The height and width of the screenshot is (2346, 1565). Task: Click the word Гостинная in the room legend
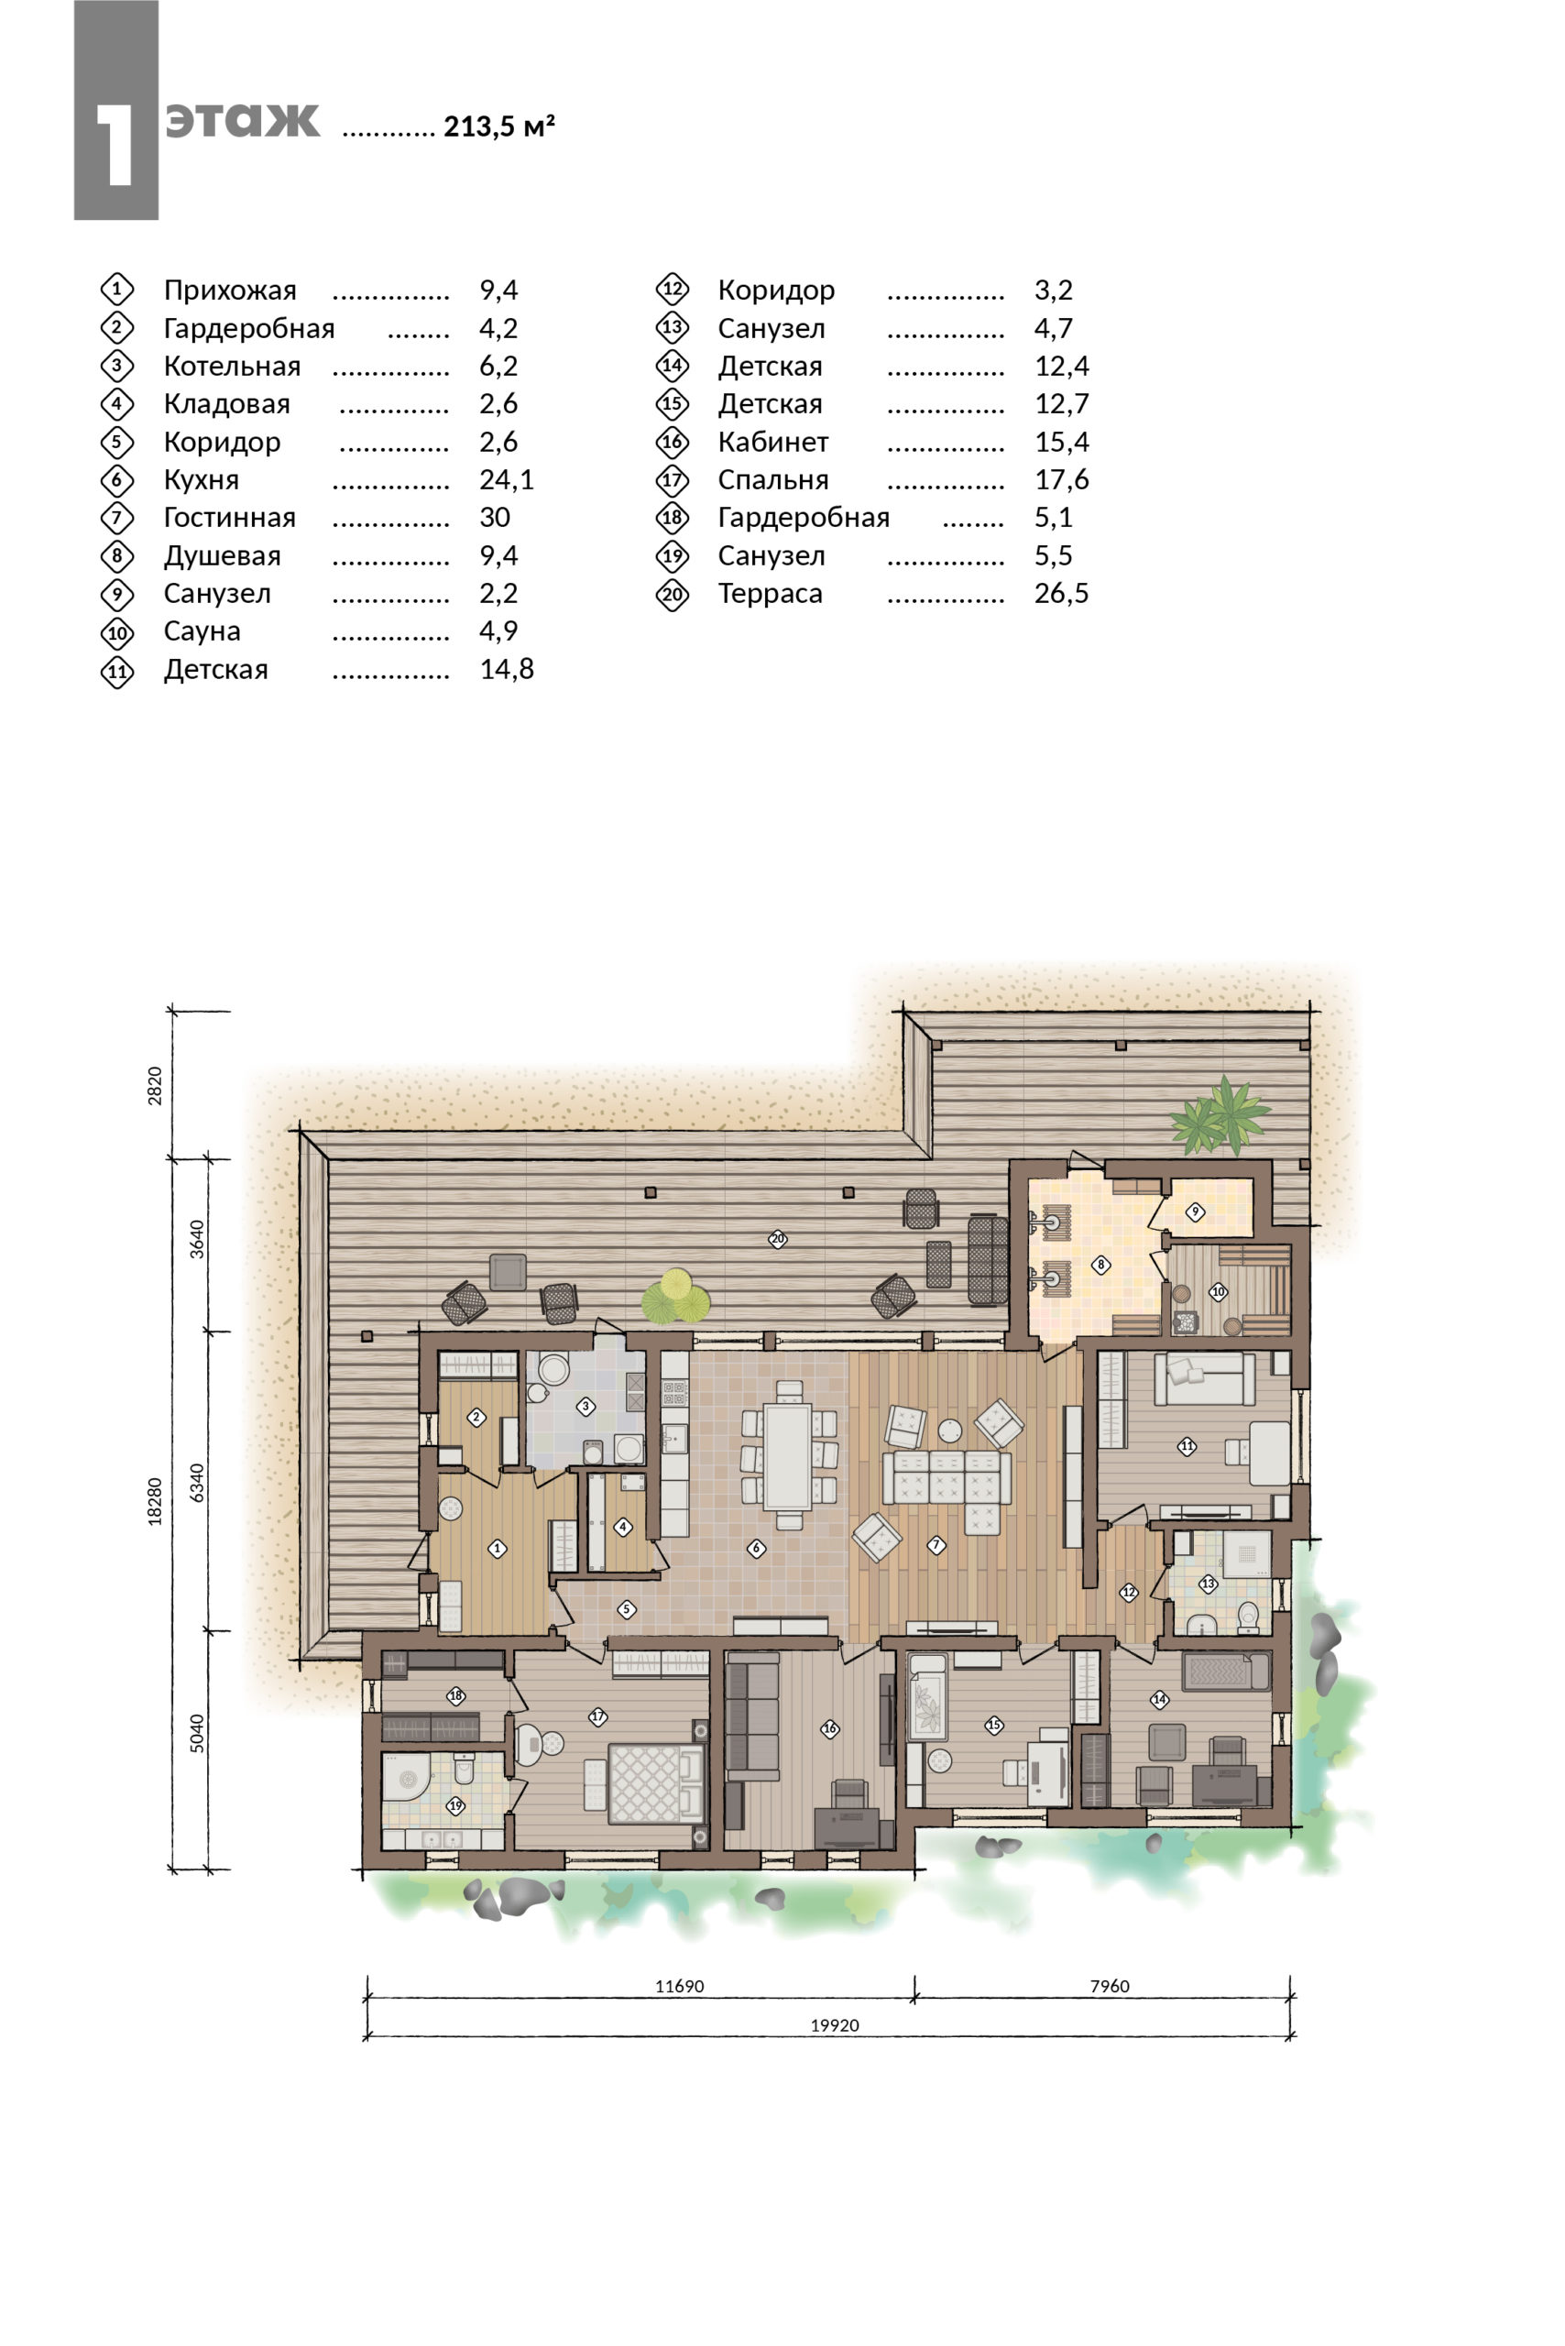pos(230,517)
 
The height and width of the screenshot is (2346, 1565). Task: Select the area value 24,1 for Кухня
pos(506,479)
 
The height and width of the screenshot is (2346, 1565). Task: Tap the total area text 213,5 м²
pos(499,126)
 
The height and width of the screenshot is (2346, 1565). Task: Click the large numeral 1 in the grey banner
pos(115,145)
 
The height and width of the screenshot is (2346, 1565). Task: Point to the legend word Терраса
pos(770,594)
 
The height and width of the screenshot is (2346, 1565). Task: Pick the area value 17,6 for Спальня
pos(1061,479)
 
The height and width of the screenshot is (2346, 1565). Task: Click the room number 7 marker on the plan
pos(936,1545)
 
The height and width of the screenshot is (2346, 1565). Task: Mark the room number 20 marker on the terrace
pos(778,1239)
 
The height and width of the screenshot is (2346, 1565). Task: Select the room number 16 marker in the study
pos(829,1728)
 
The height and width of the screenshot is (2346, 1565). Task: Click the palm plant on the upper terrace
pos(1220,1114)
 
